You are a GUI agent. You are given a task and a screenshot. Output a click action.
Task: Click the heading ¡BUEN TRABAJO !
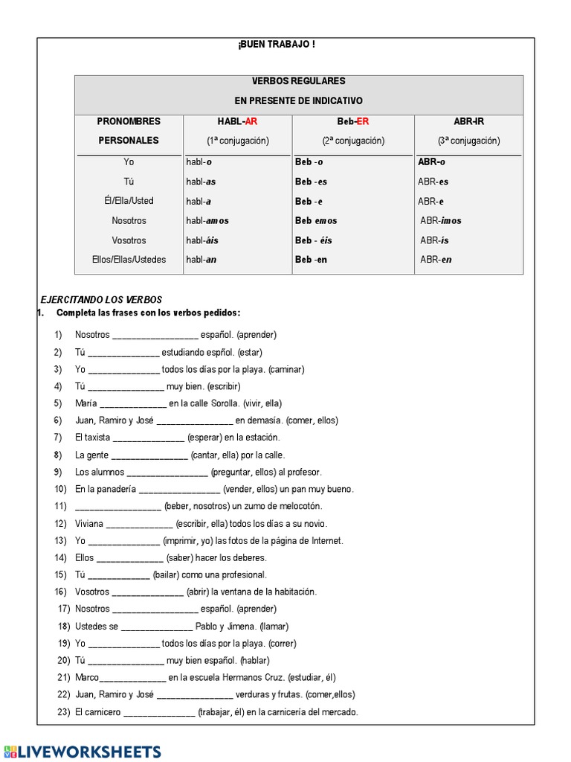tap(276, 45)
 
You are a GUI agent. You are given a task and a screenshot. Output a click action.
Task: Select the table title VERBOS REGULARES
tap(298, 81)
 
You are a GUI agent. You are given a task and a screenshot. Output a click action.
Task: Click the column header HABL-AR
tap(237, 121)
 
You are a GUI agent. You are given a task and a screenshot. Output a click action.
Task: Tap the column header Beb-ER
tap(352, 121)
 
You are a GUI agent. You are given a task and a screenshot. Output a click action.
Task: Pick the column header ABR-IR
tap(468, 121)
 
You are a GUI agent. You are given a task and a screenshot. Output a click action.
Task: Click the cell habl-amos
tap(207, 221)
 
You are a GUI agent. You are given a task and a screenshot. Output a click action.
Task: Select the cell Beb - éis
tap(314, 240)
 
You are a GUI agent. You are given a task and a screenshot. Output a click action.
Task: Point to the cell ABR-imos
tap(441, 221)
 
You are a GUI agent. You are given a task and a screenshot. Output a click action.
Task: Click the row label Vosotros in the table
tap(129, 240)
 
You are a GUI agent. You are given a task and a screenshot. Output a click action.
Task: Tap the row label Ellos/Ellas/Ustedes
tap(129, 260)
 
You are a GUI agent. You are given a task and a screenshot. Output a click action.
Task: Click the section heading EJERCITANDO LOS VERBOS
tap(101, 299)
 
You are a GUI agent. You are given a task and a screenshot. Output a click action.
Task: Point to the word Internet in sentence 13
tap(327, 541)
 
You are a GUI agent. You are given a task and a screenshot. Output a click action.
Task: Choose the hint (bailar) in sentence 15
tap(169, 575)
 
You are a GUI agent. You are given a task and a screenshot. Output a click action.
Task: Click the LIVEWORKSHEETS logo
tap(82, 751)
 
